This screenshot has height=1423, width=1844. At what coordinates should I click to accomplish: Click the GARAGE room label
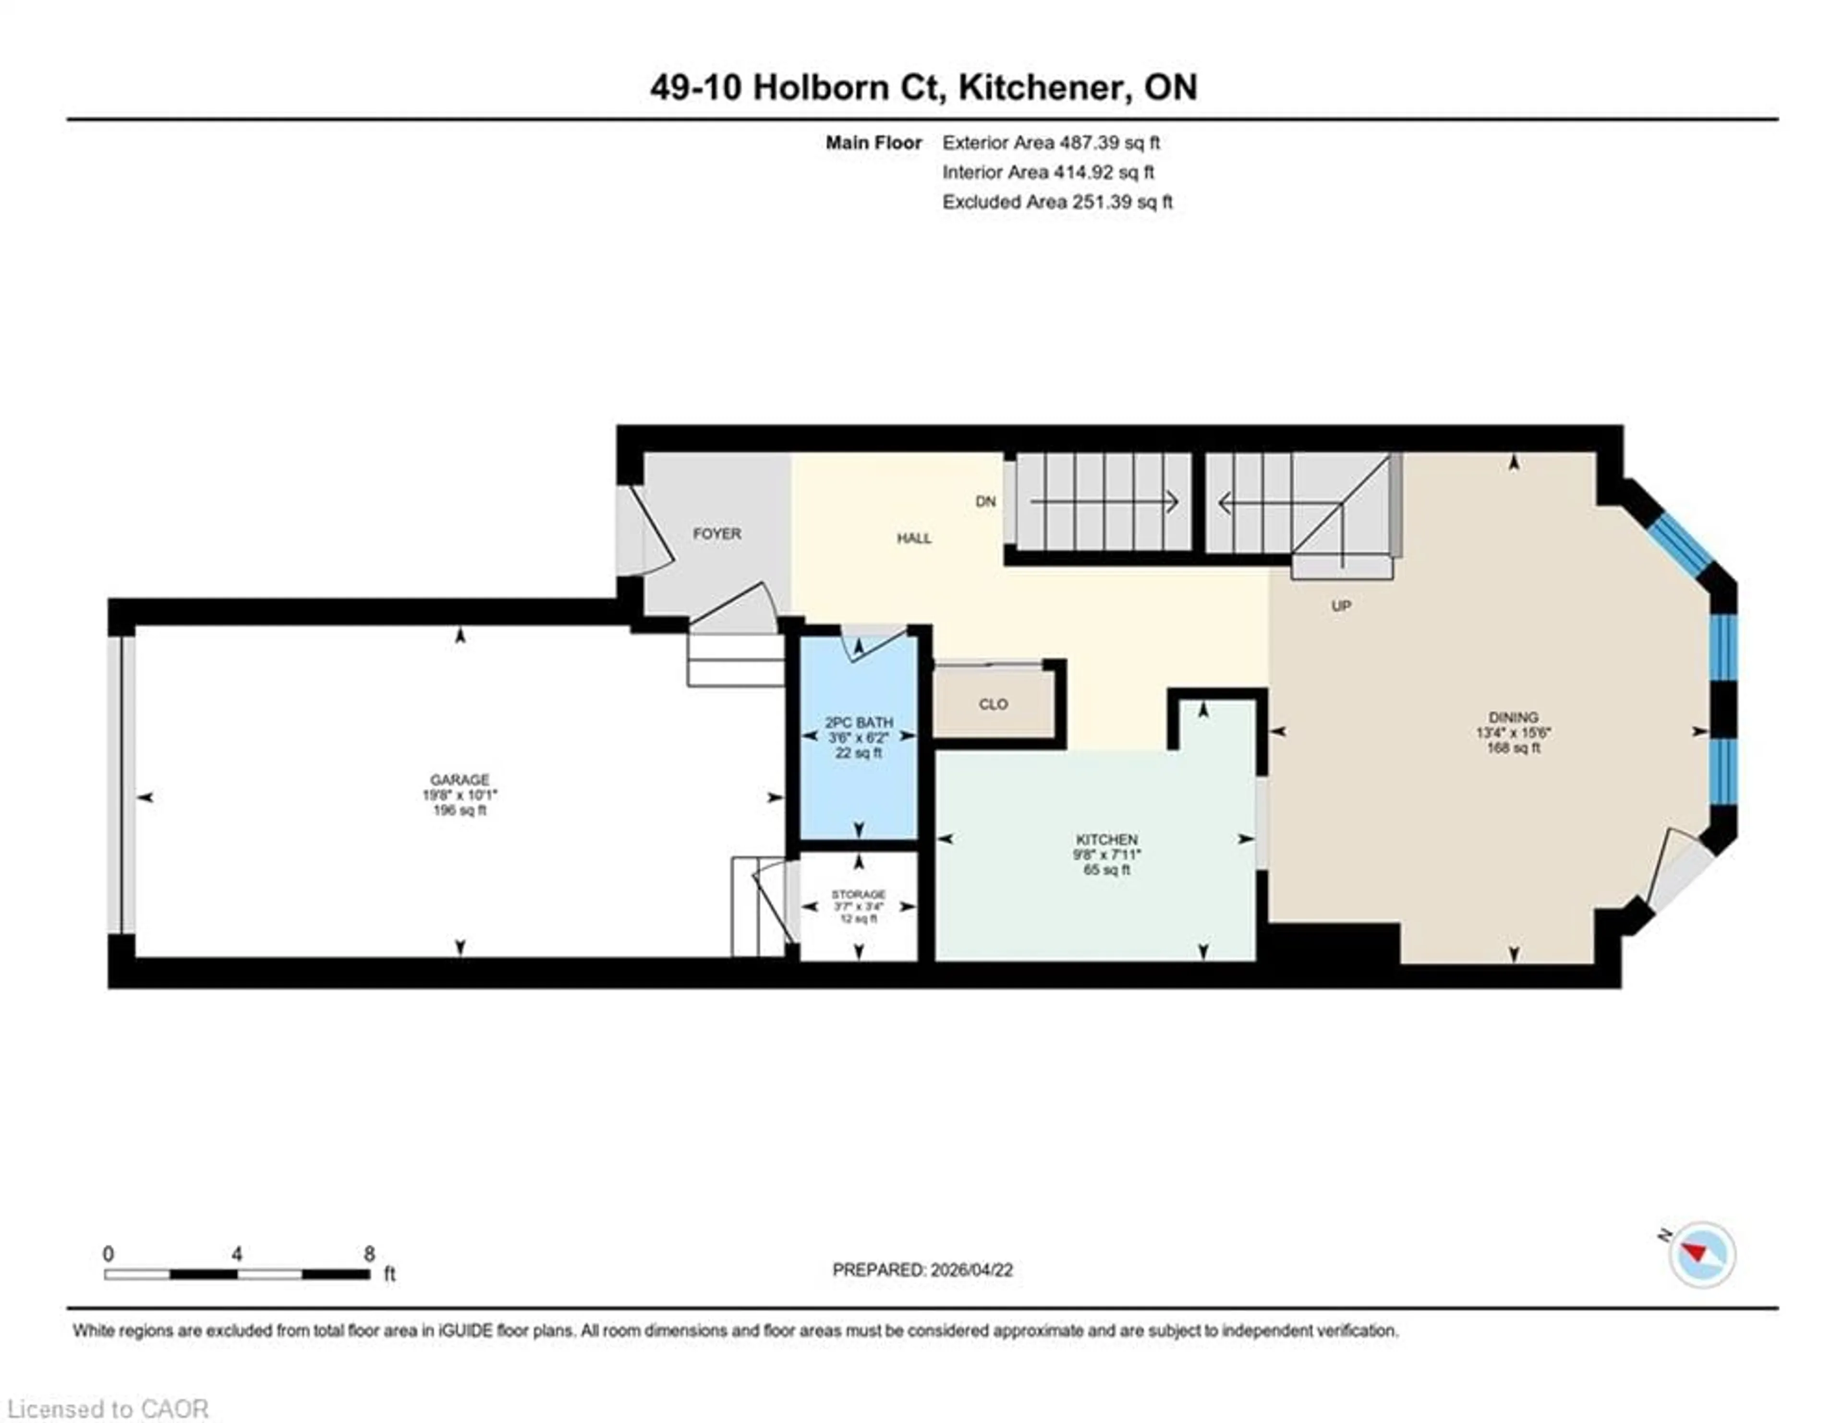pos(459,780)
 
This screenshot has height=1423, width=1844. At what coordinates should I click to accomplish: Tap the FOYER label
pos(717,533)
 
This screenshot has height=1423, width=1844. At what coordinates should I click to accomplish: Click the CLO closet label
pos(993,704)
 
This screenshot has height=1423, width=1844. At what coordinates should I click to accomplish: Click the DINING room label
pos(1513,717)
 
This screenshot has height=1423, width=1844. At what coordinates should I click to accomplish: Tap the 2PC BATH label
pos(859,723)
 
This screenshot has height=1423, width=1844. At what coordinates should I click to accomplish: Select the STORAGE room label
pos(859,894)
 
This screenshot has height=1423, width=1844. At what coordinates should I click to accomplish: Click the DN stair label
pos(985,501)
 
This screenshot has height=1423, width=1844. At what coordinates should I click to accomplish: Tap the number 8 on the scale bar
pos(369,1254)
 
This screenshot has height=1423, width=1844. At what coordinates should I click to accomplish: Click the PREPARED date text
pos(922,1269)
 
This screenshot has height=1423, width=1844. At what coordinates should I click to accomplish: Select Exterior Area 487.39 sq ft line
pos(1050,143)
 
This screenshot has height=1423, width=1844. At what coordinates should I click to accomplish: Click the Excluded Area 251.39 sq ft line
pos(1057,202)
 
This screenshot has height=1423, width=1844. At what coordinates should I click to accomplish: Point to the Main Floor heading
pos(873,143)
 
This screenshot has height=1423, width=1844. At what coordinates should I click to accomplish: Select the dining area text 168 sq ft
pos(1513,748)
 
